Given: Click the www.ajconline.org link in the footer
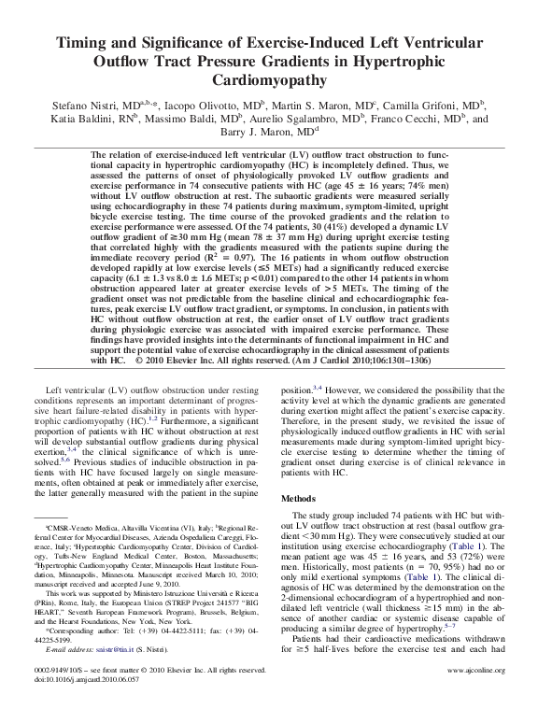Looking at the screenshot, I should (x=476, y=696).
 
